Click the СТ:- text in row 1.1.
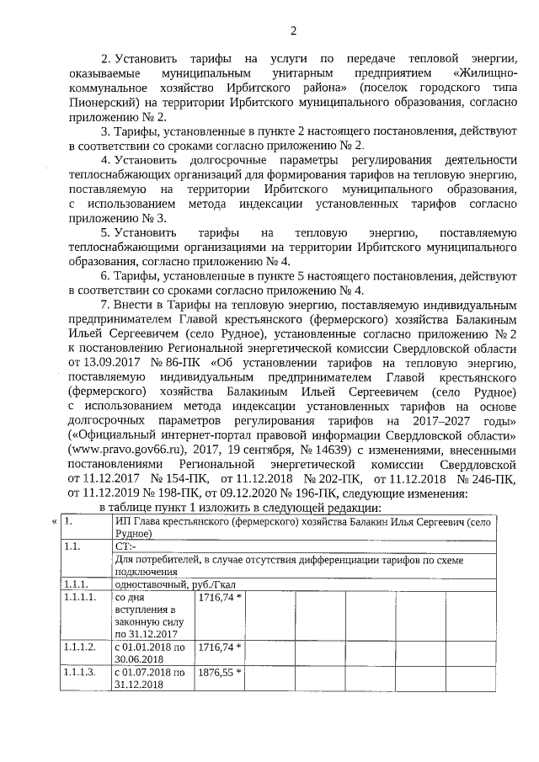(127, 546)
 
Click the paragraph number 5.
(104, 232)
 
